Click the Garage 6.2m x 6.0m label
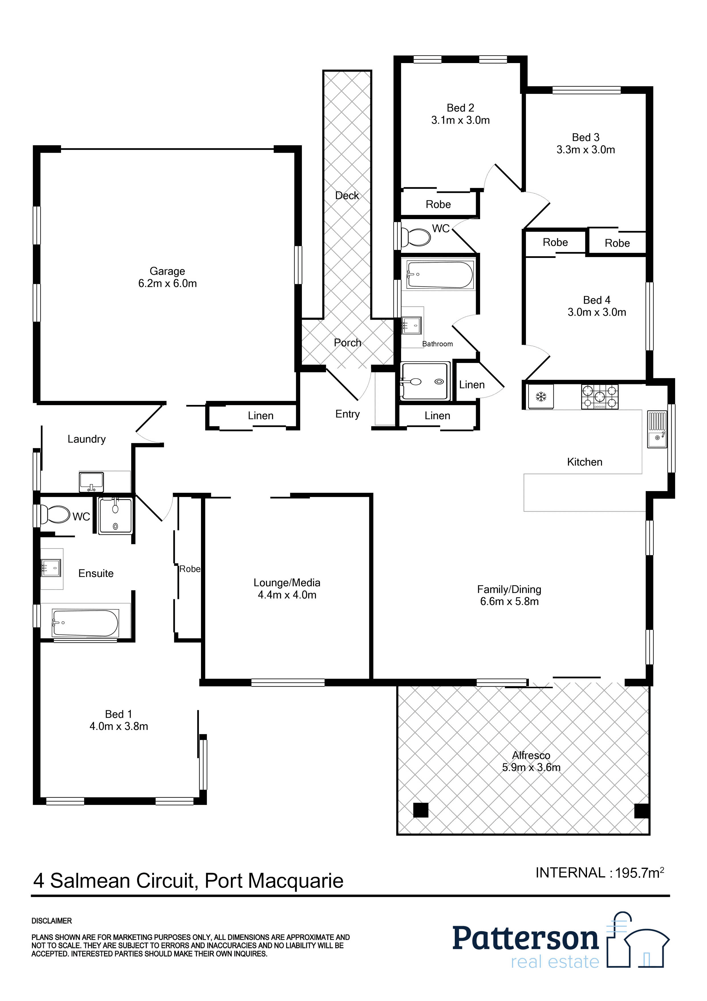point(167,277)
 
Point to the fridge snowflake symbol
point(541,397)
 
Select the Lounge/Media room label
point(287,589)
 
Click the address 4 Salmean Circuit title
point(188,880)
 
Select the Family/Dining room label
point(509,595)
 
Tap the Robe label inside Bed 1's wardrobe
point(190,569)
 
